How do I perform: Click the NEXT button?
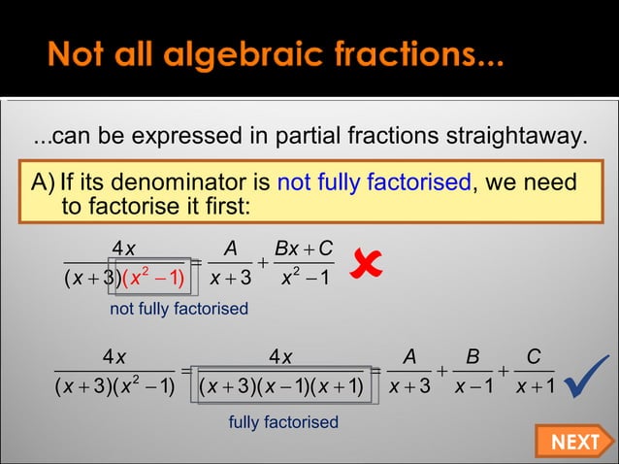point(574,442)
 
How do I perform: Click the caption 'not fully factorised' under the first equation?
point(179,309)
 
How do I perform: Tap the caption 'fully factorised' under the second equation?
point(283,422)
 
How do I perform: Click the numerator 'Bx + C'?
point(302,249)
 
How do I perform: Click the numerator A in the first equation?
point(230,249)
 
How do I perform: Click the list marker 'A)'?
point(44,182)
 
